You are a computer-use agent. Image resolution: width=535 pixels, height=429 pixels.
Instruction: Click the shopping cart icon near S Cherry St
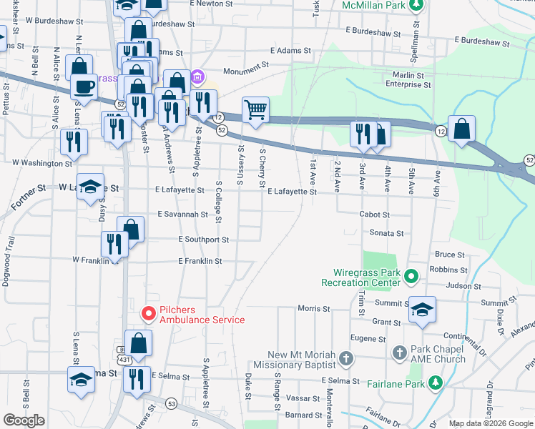[x=255, y=110]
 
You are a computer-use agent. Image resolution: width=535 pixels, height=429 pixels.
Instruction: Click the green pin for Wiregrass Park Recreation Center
[x=411, y=275]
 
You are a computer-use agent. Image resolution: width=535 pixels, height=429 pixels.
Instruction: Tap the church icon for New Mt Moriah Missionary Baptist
[x=346, y=358]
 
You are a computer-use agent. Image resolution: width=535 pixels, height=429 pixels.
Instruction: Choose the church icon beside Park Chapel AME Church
[x=399, y=352]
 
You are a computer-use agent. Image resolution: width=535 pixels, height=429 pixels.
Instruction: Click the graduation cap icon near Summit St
[x=422, y=309]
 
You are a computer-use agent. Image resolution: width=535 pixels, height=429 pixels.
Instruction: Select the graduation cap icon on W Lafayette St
[x=90, y=187]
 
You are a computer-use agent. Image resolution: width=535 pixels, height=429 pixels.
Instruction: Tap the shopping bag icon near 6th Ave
[x=463, y=129]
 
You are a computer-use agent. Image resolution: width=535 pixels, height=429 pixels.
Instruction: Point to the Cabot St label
[x=374, y=214]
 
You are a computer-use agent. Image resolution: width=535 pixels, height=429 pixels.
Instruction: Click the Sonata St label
[x=386, y=233]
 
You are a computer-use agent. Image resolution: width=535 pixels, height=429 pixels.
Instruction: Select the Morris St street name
[x=314, y=310]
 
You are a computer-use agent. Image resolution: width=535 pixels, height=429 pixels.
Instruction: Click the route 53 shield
[x=171, y=404]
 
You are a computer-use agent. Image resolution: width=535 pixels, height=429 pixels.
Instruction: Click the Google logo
[x=24, y=420]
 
